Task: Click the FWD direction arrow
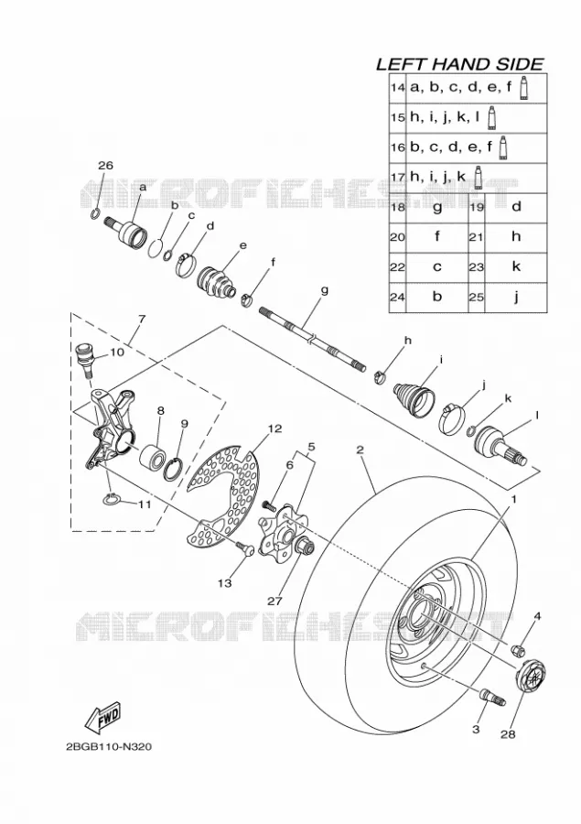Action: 103,718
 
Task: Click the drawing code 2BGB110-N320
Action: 109,747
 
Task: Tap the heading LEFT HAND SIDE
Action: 459,63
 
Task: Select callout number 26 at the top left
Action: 105,165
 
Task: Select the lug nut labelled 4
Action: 518,649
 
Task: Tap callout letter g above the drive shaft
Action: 324,289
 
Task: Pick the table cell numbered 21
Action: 476,237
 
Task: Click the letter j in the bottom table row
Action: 516,298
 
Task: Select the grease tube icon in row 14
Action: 523,88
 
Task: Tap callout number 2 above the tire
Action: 360,450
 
